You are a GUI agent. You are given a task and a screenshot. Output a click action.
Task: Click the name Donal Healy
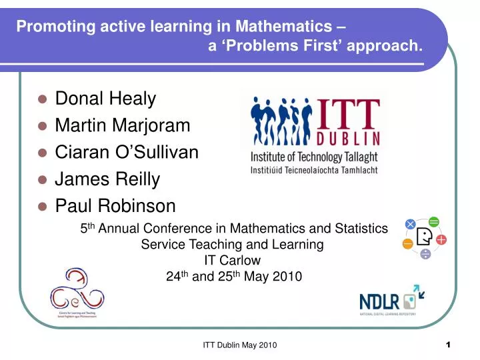pos(105,99)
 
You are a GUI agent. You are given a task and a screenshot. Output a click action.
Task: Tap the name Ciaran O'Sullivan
pos(127,152)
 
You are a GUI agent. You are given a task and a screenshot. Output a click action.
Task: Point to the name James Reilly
pos(107,179)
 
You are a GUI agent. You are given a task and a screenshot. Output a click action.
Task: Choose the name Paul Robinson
pos(115,205)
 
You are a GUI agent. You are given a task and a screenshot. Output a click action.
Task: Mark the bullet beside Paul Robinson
pos(42,206)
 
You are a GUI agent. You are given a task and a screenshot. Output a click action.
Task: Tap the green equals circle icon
pos(434,221)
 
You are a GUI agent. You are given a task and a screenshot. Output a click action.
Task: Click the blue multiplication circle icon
pos(410,224)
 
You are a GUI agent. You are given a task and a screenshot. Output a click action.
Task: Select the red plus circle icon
pos(441,239)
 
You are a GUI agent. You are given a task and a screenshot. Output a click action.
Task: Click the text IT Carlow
pos(232,260)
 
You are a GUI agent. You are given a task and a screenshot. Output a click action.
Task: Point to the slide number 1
pos(448,344)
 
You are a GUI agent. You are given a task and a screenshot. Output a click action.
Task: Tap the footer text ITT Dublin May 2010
pos(239,345)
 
